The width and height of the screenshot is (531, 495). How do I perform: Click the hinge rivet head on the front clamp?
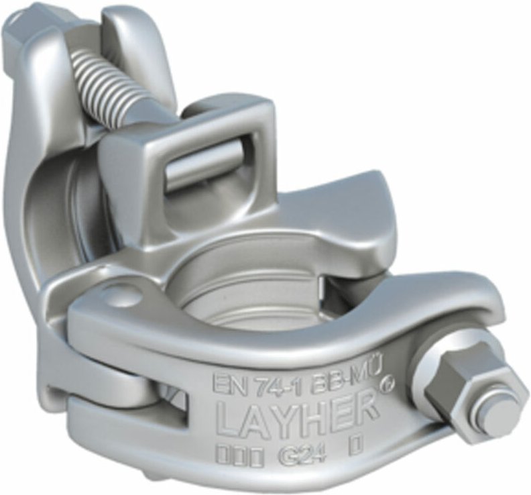click(123, 294)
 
